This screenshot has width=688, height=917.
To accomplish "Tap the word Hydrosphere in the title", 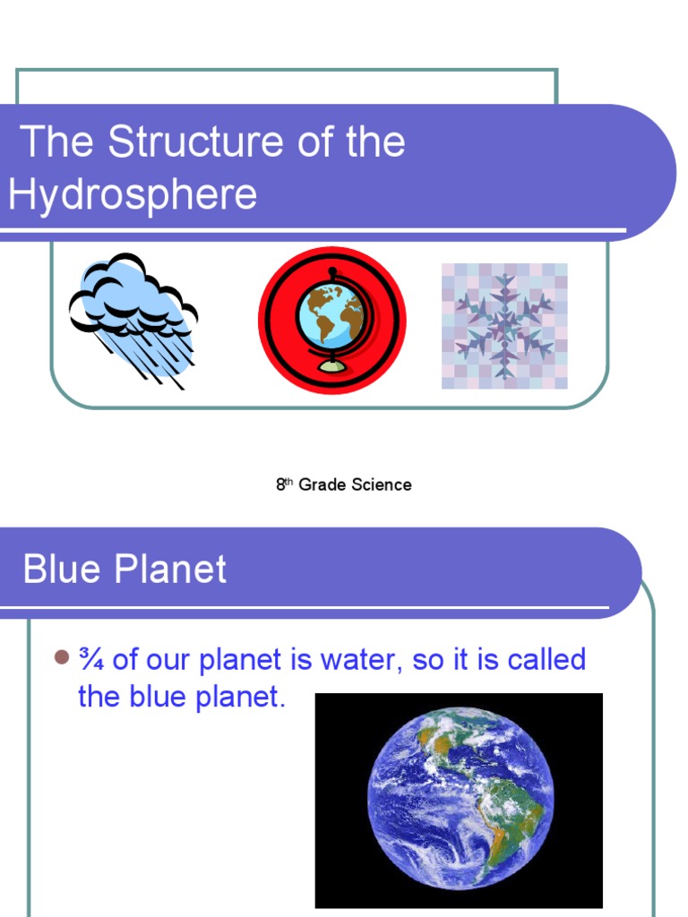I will click(133, 194).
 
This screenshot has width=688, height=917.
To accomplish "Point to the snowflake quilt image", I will click(504, 326).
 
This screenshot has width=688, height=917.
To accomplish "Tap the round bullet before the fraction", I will click(61, 658).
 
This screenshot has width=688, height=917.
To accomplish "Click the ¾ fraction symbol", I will click(90, 660).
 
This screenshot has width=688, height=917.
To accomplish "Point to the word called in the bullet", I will click(546, 660).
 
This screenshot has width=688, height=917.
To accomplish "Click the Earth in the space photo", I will click(460, 797).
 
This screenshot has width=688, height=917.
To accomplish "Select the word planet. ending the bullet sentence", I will click(239, 697).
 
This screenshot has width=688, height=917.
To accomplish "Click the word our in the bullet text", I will click(168, 660).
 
